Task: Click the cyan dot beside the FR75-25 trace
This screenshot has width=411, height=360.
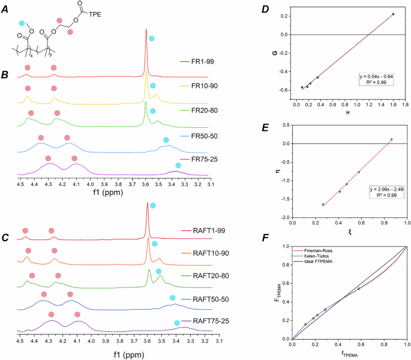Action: coord(178,166)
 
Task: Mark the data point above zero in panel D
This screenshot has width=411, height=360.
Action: coord(393,14)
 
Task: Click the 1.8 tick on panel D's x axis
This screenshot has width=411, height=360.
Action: coord(406,104)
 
